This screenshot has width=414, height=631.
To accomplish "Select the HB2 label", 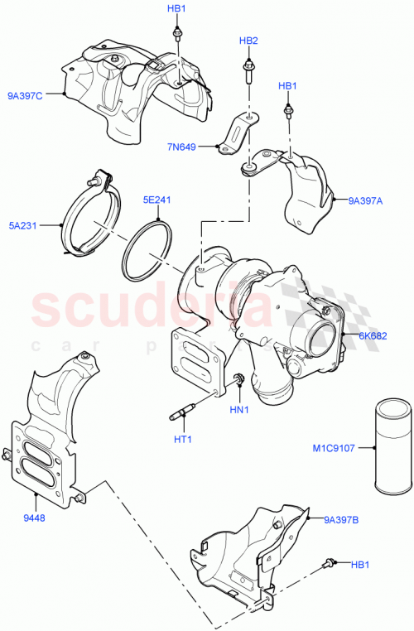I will (x=249, y=41).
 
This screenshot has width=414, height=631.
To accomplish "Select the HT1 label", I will (x=183, y=439).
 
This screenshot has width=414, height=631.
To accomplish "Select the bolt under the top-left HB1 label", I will (x=177, y=35).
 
